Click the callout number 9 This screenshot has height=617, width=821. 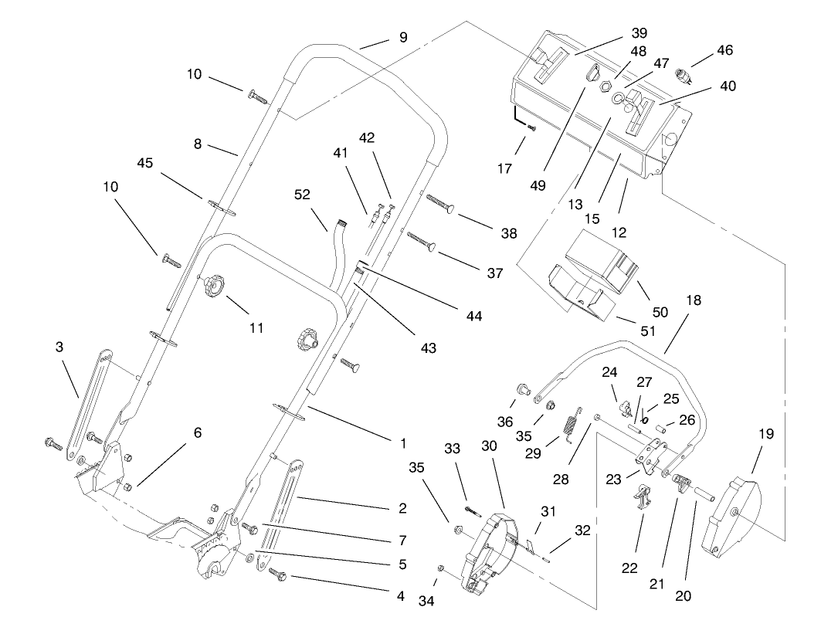[403, 36]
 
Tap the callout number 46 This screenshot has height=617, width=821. [724, 50]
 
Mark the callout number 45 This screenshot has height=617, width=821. [145, 163]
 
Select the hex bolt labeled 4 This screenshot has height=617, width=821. [278, 575]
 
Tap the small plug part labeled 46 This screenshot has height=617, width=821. [683, 76]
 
